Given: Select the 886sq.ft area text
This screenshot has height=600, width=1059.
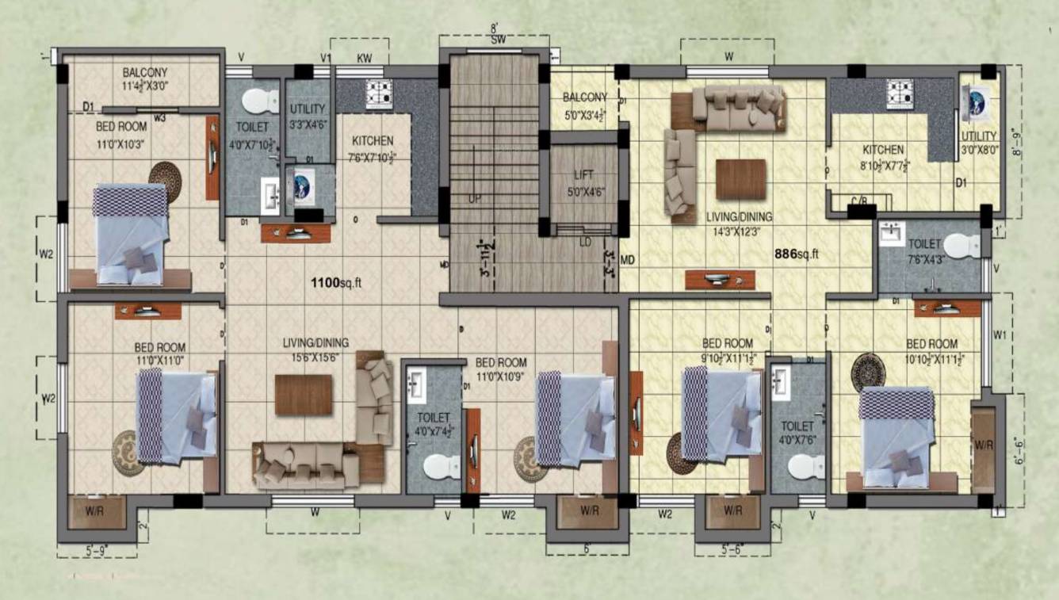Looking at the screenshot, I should (795, 254).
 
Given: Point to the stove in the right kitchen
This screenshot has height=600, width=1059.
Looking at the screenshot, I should (899, 94).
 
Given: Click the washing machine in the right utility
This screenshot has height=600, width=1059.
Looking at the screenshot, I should (974, 101).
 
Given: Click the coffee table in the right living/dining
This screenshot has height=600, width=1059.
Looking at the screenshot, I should (741, 179).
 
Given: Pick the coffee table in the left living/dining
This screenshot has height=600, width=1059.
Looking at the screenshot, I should (304, 394).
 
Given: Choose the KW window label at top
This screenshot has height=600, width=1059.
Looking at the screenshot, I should (365, 58).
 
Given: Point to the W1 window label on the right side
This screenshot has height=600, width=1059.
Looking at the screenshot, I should (1000, 335).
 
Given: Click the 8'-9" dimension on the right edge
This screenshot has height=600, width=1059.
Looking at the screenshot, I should (1034, 144).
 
